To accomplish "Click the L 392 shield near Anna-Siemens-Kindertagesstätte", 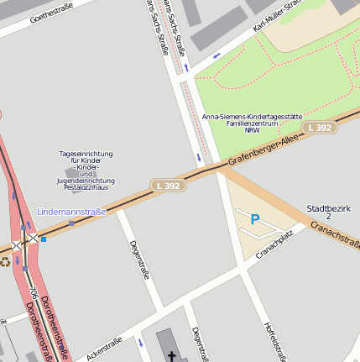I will click(x=320, y=128).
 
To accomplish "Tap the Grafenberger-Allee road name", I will click(x=263, y=149).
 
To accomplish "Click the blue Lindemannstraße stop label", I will click(x=71, y=212).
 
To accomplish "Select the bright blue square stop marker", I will click(x=44, y=239).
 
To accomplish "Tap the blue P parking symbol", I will click(x=255, y=220).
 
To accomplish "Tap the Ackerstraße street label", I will click(x=104, y=348).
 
